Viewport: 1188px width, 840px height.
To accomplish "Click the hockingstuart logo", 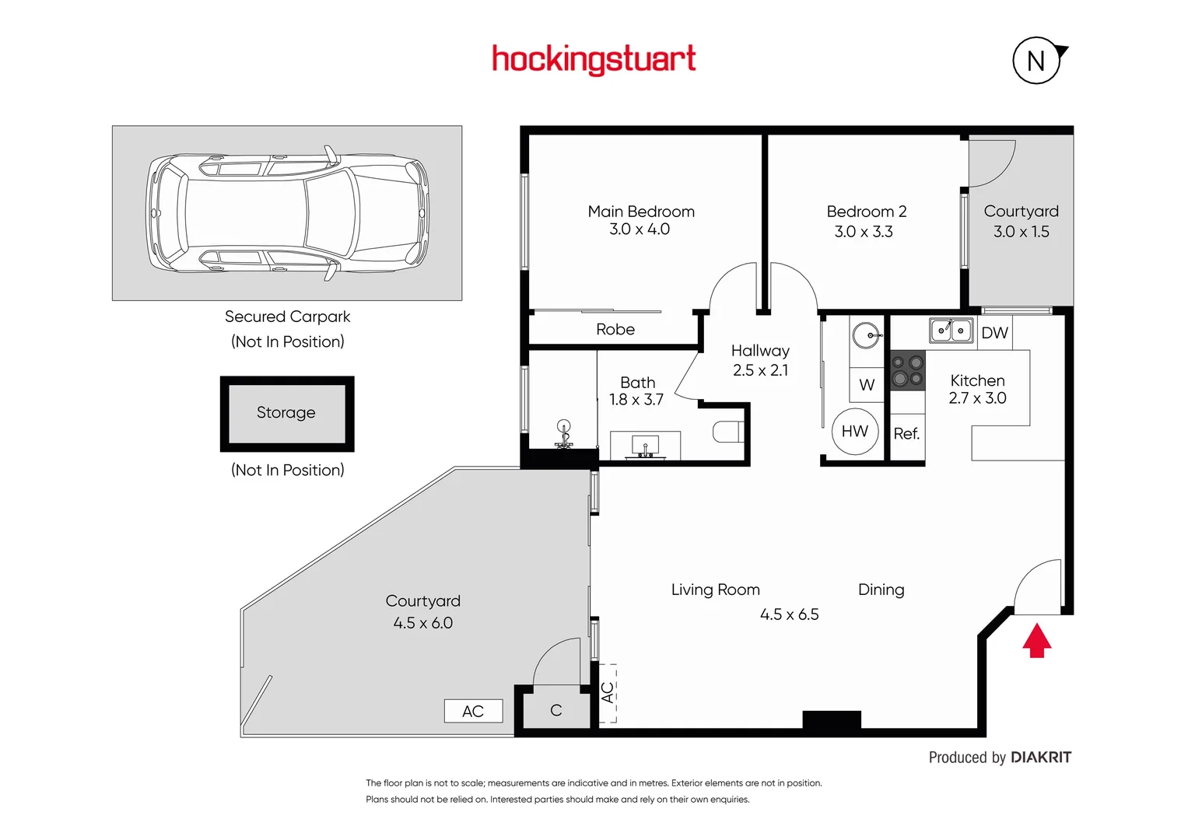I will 594,59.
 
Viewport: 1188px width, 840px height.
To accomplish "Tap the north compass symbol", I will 1036,61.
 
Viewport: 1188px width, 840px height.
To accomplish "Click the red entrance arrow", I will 1036,642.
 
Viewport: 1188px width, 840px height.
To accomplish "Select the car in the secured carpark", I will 287,212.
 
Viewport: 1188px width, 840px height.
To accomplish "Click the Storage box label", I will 286,413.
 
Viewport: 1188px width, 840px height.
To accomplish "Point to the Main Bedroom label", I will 641,212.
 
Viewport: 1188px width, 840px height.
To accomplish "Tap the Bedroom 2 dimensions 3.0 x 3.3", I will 864,232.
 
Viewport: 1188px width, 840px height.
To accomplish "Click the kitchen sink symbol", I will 951,331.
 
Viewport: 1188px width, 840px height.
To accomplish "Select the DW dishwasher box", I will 994,333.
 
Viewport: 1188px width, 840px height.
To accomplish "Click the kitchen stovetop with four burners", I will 907,370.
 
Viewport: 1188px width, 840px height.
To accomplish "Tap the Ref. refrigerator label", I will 906,434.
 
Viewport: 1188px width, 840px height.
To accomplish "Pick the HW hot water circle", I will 854,432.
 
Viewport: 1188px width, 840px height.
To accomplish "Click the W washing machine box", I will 867,385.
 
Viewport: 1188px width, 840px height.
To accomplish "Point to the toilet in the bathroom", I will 728,432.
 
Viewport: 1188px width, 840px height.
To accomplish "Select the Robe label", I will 615,330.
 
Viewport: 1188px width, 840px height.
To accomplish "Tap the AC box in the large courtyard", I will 473,711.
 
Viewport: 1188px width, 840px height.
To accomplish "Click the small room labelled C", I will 555,710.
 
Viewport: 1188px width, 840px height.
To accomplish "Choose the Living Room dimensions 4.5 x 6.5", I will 789,614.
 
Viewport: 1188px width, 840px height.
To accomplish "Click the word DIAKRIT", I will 1041,758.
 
